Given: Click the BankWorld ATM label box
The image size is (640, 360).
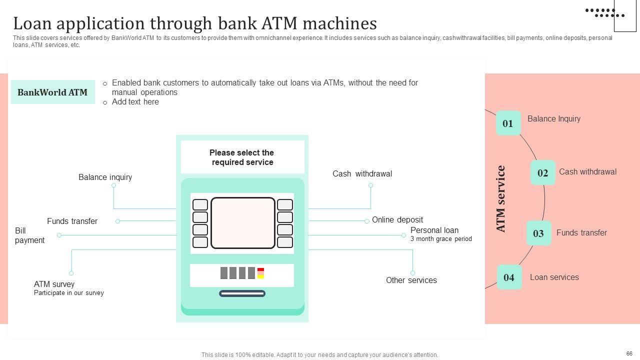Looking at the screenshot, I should pos(52,92).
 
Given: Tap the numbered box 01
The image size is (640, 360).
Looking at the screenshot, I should pos(508,123).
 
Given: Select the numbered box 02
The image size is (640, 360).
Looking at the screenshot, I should pos(542,173).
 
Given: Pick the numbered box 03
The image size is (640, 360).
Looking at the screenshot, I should pos(538,233).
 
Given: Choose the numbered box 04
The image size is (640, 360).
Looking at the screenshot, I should pos(509,277).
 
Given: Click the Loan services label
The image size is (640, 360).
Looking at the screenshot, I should pos(554,277).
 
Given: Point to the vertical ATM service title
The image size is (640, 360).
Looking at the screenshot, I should pos(500,199).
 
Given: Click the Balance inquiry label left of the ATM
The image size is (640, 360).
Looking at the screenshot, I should pos(105,177).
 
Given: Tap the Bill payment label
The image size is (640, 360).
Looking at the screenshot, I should pos(29,235).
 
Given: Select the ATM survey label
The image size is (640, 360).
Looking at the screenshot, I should pos(54,284).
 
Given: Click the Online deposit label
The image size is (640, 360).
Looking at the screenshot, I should pos(397,220).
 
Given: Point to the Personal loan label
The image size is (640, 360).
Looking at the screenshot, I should pos(434,230).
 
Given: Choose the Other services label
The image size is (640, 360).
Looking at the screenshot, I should pos(411,280).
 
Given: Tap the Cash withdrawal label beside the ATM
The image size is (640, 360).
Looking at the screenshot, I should pos(362,174).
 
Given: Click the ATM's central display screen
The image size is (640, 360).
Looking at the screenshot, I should pos(242,223).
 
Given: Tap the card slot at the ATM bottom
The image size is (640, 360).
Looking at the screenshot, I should pos(242,293).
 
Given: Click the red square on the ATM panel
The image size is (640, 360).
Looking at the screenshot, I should pos(260,270).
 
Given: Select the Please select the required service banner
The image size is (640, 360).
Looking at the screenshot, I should pos(242,157).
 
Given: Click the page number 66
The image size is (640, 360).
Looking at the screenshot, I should pos(629,353).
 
